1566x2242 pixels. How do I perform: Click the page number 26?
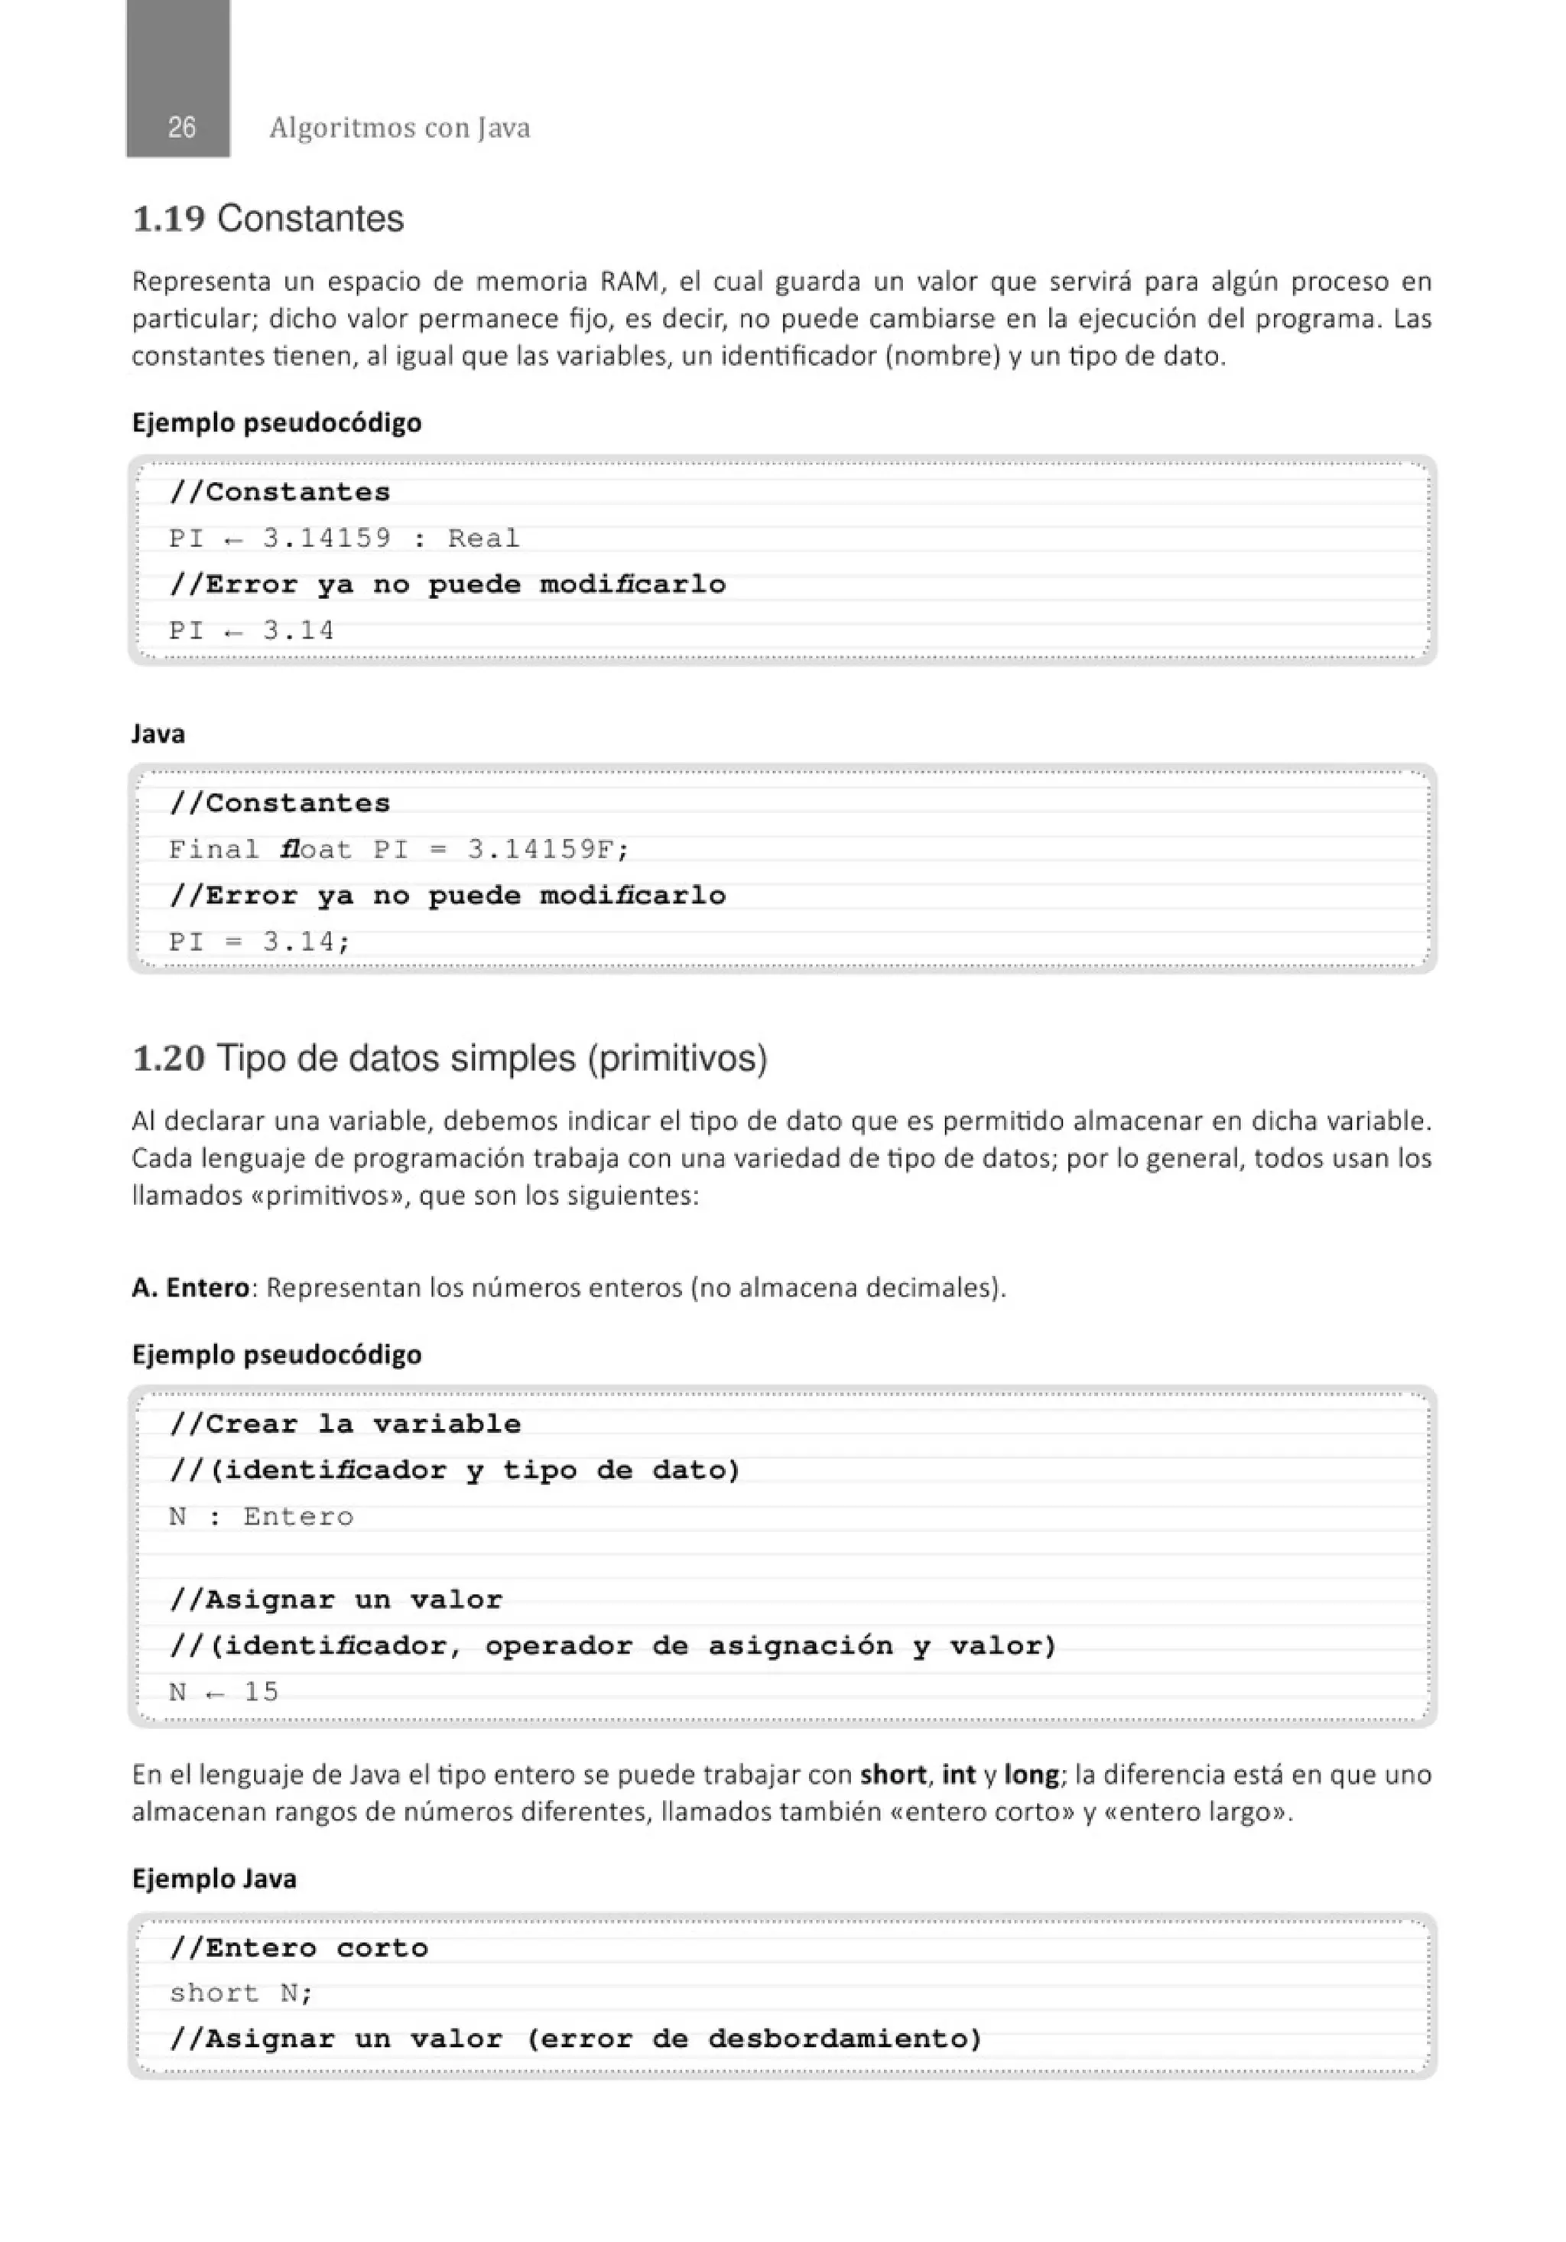coord(181,128)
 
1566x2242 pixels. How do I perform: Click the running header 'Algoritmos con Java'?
coord(399,128)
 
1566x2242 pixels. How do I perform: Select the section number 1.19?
coord(168,219)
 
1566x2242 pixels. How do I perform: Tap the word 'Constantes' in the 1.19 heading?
coord(310,219)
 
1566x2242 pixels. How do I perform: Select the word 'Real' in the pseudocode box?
coord(483,538)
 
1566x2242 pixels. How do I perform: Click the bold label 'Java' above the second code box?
coord(158,734)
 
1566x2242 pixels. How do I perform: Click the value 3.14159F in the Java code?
coord(547,850)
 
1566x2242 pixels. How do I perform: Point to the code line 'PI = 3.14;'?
coord(258,942)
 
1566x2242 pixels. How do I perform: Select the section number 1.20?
coord(168,1059)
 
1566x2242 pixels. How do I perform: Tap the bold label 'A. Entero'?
coord(190,1288)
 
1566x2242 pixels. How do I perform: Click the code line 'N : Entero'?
coord(261,1517)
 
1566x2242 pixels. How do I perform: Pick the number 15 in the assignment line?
coord(261,1691)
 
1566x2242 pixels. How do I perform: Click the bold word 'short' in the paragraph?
coord(893,1775)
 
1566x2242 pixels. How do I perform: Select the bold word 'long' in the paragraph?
coord(1031,1775)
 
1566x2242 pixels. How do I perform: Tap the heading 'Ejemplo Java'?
coord(214,1879)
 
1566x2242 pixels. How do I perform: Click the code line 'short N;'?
coord(240,1993)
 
